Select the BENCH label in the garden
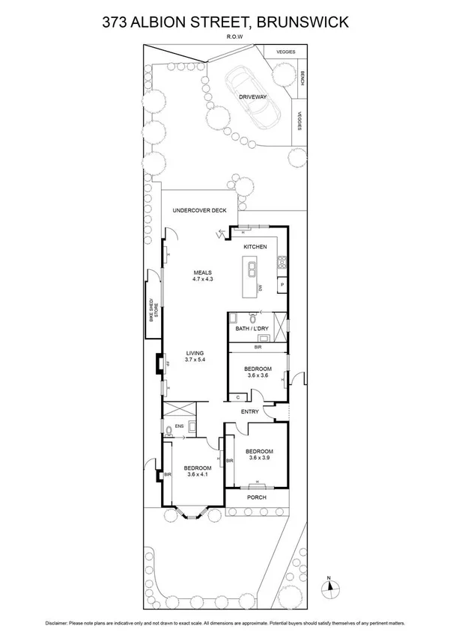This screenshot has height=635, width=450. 302,77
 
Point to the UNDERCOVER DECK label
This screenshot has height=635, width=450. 199,211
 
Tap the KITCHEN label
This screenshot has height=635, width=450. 255,246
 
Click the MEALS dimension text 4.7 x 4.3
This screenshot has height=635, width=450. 204,279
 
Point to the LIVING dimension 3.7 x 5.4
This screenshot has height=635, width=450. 195,360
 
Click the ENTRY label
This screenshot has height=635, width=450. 249,412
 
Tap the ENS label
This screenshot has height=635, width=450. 179,427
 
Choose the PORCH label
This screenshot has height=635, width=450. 257,497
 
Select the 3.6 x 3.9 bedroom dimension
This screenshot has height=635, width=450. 258,458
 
